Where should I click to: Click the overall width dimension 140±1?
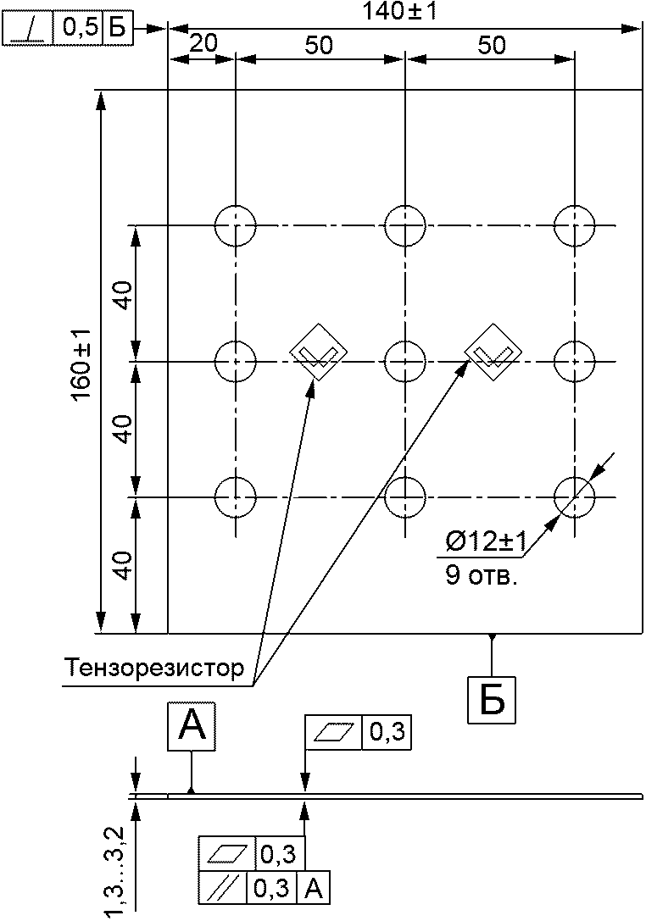399,12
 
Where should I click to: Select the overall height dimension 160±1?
81,364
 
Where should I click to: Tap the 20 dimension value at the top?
203,43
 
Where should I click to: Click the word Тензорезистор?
154,668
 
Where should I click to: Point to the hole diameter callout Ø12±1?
486,542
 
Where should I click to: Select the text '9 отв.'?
481,575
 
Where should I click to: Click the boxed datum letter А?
192,725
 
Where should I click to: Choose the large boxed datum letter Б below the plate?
492,700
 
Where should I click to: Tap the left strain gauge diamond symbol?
319,352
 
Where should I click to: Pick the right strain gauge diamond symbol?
493,352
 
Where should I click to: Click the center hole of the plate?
405,361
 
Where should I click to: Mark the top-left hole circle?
235,225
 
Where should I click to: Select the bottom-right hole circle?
574,497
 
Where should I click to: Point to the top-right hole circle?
574,225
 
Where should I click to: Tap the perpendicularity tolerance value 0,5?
78,29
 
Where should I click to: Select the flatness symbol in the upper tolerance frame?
333,732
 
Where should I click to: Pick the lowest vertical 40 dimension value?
123,565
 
